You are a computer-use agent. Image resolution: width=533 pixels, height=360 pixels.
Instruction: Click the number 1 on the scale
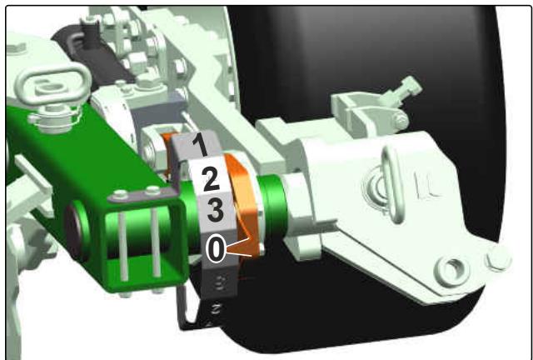coord(200,145)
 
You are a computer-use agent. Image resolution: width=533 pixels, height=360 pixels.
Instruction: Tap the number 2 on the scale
coord(211,179)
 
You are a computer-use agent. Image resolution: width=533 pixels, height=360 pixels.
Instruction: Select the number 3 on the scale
coord(216,211)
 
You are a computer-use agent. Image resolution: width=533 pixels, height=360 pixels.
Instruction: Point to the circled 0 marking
coord(216,248)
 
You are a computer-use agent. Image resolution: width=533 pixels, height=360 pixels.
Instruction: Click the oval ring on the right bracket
coord(392,183)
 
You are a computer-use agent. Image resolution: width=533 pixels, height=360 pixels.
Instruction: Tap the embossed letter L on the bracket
coord(426,184)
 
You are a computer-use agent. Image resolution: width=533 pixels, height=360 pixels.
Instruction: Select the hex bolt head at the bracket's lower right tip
coord(498,258)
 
